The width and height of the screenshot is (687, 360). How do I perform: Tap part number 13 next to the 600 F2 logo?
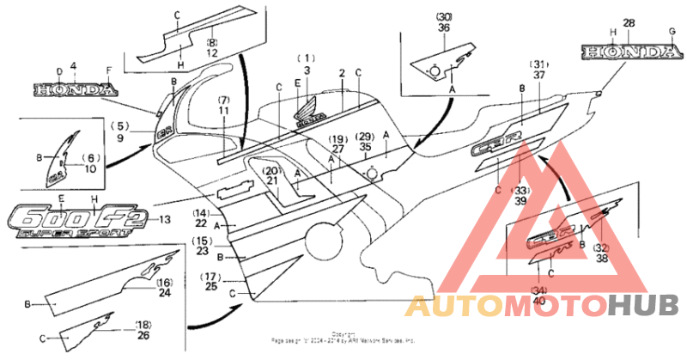coord(164,220)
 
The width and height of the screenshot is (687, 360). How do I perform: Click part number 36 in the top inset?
coord(444,27)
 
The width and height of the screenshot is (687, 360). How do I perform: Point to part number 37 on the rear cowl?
coord(539,75)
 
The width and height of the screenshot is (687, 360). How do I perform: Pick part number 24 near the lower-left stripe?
coord(165,292)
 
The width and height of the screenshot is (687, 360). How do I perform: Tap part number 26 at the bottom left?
coord(143,335)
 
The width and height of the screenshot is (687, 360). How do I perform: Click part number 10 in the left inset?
coord(90,169)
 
